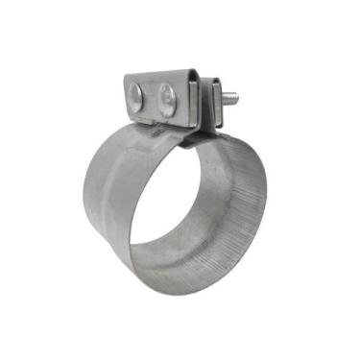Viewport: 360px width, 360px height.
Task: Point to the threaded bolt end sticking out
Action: point(228,99)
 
